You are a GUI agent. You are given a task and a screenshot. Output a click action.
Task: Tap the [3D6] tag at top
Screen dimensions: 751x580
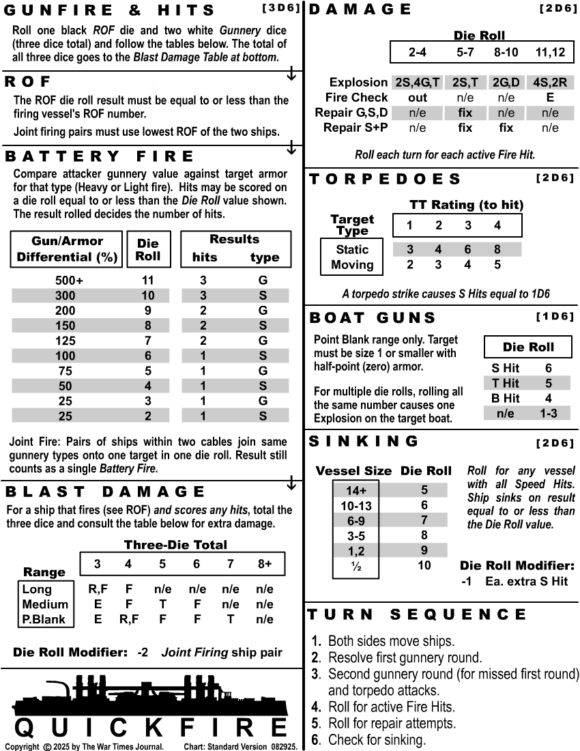point(280,8)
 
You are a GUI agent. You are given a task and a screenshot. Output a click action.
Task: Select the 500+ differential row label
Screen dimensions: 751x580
point(70,281)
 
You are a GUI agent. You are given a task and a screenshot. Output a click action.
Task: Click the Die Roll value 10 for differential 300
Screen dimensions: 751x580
point(147,296)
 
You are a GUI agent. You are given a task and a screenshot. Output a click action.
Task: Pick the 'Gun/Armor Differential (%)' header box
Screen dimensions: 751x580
point(67,249)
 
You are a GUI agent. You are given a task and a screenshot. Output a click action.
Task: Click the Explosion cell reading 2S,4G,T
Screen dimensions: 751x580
point(417,83)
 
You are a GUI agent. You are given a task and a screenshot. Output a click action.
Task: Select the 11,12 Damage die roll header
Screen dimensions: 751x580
point(550,51)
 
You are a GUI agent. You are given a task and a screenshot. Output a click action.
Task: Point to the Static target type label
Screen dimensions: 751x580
point(352,250)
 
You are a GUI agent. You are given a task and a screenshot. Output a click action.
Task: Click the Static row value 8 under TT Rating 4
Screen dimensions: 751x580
point(497,250)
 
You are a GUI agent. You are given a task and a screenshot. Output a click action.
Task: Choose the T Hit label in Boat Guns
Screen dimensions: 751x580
point(506,383)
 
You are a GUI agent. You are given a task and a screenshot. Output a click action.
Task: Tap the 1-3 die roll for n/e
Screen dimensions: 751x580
point(548,413)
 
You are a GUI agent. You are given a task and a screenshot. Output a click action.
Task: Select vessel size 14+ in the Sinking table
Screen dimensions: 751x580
point(356,490)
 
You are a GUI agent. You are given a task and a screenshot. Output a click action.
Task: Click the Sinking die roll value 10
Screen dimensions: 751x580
point(424,565)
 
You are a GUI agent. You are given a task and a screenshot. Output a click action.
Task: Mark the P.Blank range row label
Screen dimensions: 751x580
point(45,619)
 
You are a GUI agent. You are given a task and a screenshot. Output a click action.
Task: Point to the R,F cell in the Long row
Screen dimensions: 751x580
point(98,589)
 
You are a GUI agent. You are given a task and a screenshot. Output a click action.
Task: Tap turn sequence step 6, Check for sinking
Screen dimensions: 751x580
point(377,739)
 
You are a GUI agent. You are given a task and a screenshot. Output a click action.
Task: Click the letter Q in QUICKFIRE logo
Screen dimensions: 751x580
point(25,727)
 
